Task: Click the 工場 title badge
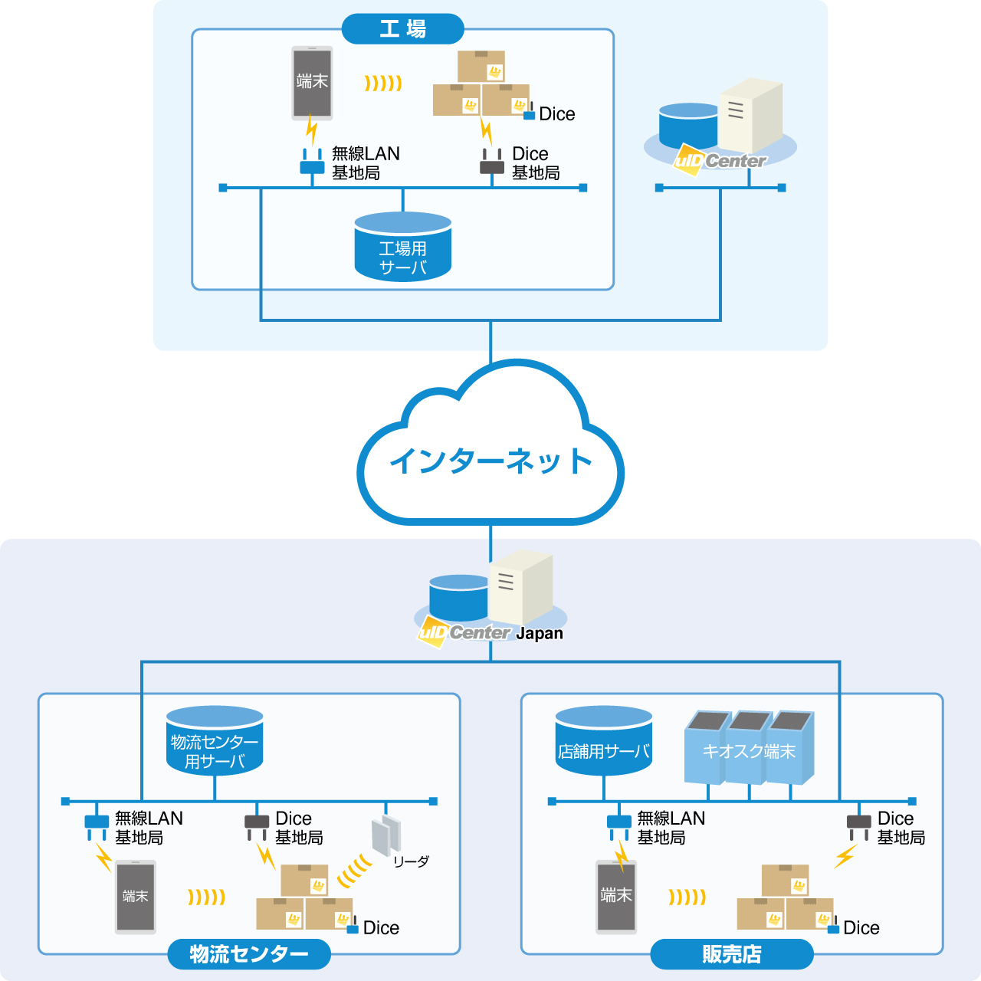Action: tap(402, 29)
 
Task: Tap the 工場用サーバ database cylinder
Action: tap(402, 247)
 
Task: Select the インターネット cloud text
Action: tap(490, 461)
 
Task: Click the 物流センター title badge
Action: tap(249, 953)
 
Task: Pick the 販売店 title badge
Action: tap(732, 953)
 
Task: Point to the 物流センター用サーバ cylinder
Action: tap(215, 740)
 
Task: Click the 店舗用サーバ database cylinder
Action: tap(603, 740)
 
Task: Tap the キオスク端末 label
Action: tap(748, 751)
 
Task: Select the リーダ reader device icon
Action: tap(386, 835)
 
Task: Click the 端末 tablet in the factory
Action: tap(312, 83)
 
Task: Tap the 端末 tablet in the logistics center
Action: tap(136, 897)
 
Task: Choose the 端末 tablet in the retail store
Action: tap(616, 897)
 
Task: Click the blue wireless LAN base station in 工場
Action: tap(312, 162)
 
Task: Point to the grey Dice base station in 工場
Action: tap(492, 162)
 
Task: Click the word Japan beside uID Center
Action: tap(539, 633)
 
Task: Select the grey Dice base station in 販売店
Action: tap(859, 828)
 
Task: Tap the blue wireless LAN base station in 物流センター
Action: tap(97, 828)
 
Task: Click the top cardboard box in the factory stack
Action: tap(481, 66)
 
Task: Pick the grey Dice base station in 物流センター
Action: tap(257, 828)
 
